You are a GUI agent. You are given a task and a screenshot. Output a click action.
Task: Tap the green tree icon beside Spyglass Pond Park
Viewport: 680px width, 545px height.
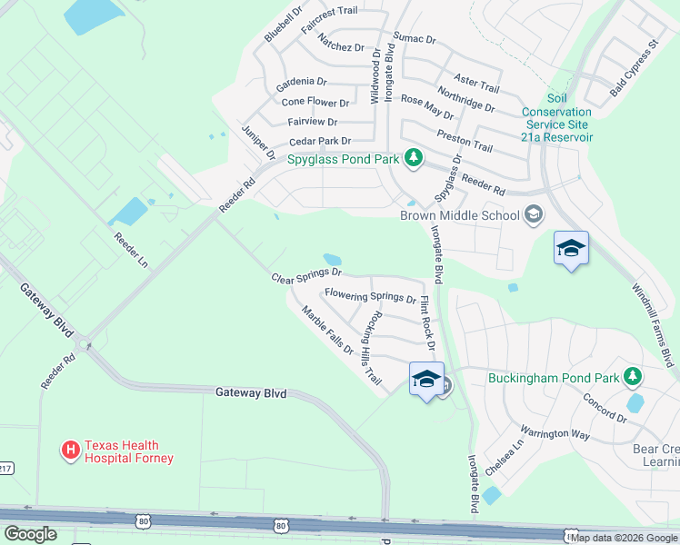pos(414,159)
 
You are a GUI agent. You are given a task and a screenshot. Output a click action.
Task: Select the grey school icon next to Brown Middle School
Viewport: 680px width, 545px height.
pos(534,215)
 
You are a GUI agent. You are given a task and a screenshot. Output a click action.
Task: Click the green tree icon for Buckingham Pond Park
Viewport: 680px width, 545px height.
pos(633,377)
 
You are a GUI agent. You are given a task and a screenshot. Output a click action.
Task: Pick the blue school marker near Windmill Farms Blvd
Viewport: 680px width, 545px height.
pos(571,249)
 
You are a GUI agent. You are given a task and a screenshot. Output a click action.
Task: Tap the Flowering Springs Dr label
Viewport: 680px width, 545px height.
pos(370,296)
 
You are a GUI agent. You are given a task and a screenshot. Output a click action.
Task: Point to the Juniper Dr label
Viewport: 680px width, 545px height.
pos(257,144)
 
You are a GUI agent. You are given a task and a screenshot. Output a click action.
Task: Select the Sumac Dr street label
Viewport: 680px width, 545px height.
pos(415,40)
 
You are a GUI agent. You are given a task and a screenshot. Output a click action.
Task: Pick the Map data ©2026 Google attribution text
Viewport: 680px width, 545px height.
pos(624,538)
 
